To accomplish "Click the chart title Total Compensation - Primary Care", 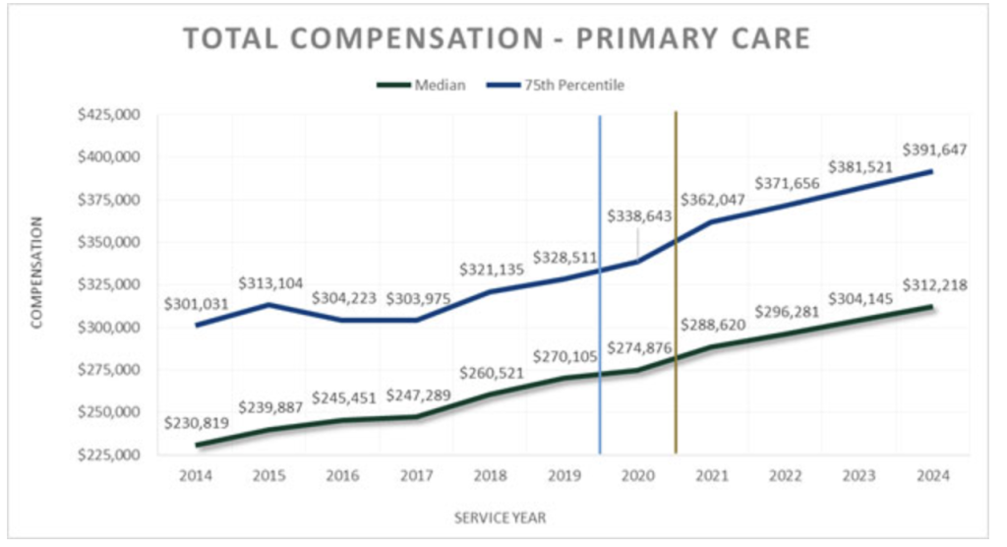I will [497, 38].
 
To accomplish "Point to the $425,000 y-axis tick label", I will [108, 115].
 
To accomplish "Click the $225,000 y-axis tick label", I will [108, 455].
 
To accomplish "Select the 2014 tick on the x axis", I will [196, 475].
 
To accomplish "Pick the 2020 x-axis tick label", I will [638, 475].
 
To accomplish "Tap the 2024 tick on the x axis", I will [932, 475].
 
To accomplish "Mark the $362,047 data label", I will [713, 199].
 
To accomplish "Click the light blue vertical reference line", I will [600, 394].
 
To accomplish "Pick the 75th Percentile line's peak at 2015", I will [269, 305].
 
